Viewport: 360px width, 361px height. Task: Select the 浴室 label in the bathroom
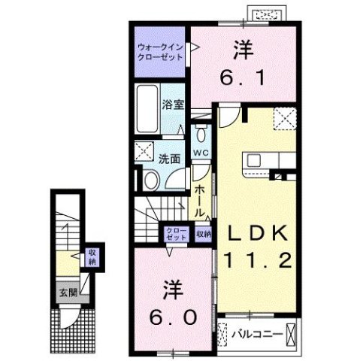click(173, 106)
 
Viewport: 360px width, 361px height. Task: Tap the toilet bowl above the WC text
click(200, 135)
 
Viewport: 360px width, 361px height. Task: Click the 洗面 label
click(168, 159)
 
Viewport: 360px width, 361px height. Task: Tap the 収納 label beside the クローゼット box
click(203, 234)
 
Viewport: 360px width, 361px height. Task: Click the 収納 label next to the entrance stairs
click(92, 257)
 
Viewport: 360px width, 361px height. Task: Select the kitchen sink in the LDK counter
click(253, 160)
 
